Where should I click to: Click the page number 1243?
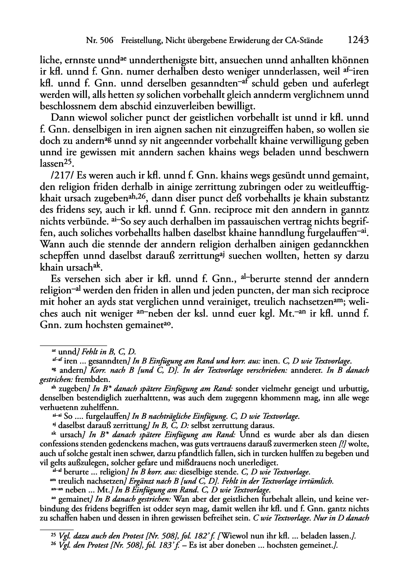click(x=357, y=40)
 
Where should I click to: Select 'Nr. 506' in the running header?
click(x=99, y=41)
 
